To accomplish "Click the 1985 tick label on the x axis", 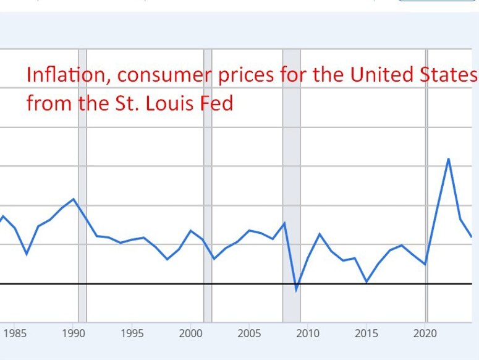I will (x=15, y=334).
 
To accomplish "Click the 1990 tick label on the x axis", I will (x=74, y=334).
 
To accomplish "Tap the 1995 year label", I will (x=132, y=334).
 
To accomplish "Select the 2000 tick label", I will (x=191, y=334).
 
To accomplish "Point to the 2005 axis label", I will (x=249, y=334).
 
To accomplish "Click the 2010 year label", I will (x=308, y=334).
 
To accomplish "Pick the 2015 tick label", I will (x=366, y=334).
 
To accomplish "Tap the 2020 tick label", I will (x=425, y=334).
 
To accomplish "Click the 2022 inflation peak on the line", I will (x=448, y=159).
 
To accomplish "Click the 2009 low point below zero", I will (x=296, y=289).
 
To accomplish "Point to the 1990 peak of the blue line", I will (x=74, y=199).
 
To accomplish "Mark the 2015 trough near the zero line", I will (x=367, y=282).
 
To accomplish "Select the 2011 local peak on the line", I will (x=320, y=234).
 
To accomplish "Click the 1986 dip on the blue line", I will (x=27, y=254).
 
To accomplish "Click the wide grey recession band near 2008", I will (x=291, y=186).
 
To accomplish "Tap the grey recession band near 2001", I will (x=208, y=186).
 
